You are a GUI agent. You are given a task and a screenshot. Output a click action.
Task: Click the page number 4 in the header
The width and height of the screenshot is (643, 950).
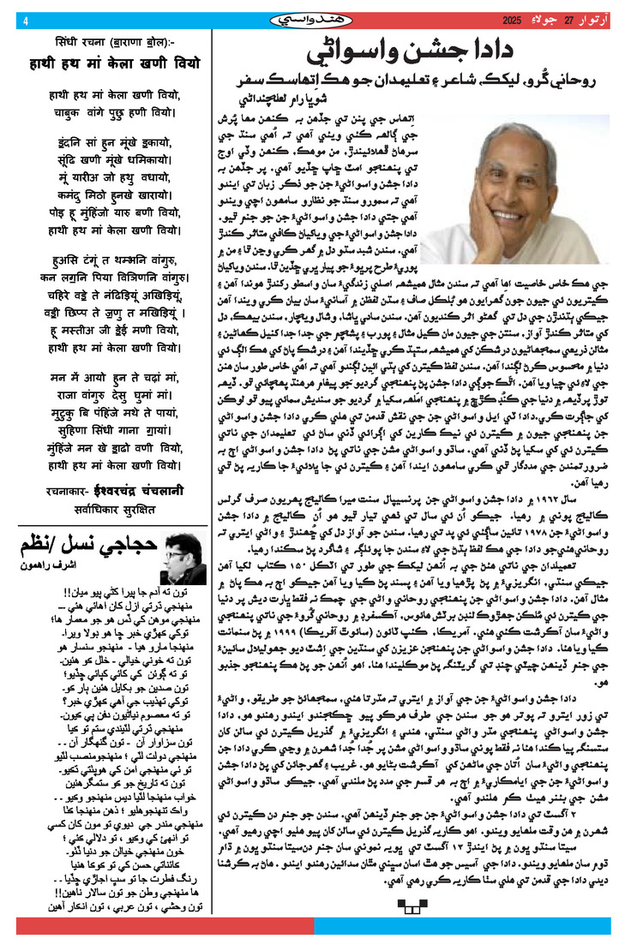click(x=26, y=21)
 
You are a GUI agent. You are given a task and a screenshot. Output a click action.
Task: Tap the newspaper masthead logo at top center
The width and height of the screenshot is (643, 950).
click(x=321, y=20)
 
